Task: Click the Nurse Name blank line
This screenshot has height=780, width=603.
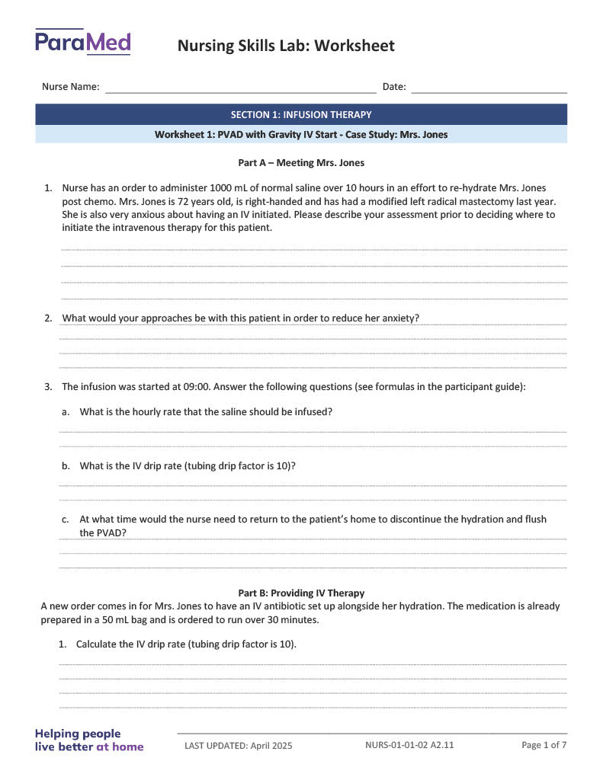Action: [240, 88]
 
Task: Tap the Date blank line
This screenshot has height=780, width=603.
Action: [489, 88]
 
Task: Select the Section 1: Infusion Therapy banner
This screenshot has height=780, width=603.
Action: [301, 115]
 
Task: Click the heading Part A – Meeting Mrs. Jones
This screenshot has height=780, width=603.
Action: [301, 162]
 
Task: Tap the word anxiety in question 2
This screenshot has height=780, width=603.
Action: [399, 318]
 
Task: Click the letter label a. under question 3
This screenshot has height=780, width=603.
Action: [66, 411]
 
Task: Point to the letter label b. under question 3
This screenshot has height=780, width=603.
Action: [66, 465]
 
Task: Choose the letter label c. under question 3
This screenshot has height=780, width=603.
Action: [66, 519]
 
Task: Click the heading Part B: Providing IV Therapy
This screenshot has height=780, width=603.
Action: [301, 593]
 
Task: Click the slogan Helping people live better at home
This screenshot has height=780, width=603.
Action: [89, 740]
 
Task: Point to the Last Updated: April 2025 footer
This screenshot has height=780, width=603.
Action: [238, 746]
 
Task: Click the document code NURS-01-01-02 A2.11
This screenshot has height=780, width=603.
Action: [409, 744]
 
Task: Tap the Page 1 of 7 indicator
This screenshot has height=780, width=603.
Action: [544, 744]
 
